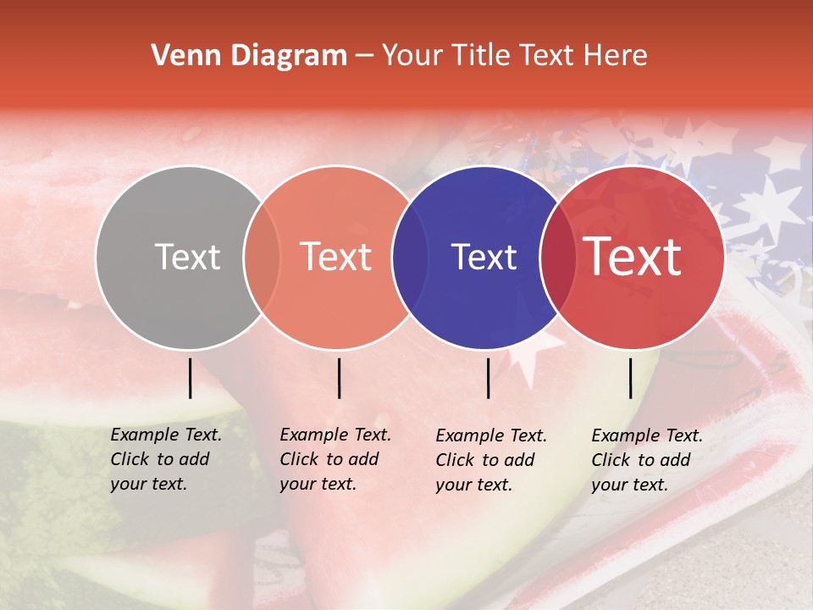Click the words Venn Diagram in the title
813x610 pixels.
(249, 56)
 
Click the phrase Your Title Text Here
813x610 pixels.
(514, 56)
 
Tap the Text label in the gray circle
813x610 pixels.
(187, 257)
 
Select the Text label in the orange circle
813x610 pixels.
(336, 257)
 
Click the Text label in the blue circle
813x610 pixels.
(484, 257)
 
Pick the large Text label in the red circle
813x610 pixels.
(633, 257)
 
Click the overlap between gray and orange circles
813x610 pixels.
(262, 258)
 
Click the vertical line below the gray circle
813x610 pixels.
(190, 378)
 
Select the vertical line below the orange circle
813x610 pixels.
(339, 378)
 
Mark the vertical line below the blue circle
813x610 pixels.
(488, 378)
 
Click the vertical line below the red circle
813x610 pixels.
(630, 378)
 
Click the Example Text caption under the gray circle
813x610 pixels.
(166, 459)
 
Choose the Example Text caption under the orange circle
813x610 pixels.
(335, 459)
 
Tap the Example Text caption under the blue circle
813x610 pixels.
(491, 460)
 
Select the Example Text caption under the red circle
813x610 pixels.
(647, 460)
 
